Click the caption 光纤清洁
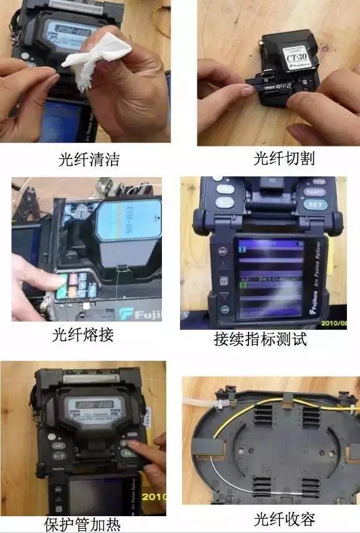(88, 160)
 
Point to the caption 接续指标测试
(260, 340)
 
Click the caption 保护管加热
(82, 524)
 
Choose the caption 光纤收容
(284, 519)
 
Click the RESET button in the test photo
(315, 193)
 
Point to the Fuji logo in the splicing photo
(141, 314)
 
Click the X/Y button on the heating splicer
(59, 456)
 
